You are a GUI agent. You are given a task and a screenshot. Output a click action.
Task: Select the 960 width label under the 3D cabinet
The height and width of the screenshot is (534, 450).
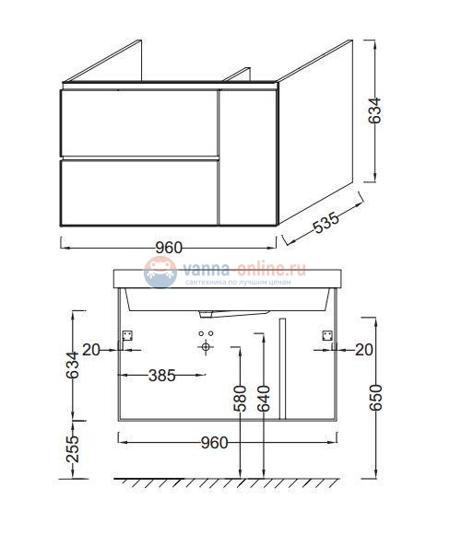click(x=168, y=248)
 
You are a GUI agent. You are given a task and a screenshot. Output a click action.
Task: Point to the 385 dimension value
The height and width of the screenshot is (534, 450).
click(x=162, y=375)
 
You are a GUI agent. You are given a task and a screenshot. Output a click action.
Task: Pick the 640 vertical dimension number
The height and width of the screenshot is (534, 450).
click(x=265, y=398)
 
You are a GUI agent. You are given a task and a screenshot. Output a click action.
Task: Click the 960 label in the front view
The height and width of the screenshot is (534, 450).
click(x=214, y=441)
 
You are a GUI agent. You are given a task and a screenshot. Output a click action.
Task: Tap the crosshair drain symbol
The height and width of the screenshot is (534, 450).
click(x=206, y=347)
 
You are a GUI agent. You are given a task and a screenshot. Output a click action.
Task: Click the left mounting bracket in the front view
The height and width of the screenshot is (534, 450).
click(x=128, y=337)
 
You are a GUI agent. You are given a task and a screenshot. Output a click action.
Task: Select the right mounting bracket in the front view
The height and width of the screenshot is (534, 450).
click(x=326, y=337)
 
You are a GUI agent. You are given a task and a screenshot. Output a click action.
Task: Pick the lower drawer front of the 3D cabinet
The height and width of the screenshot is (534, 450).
click(x=138, y=192)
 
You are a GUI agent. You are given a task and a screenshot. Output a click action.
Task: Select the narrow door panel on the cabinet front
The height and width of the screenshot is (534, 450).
click(x=248, y=157)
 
